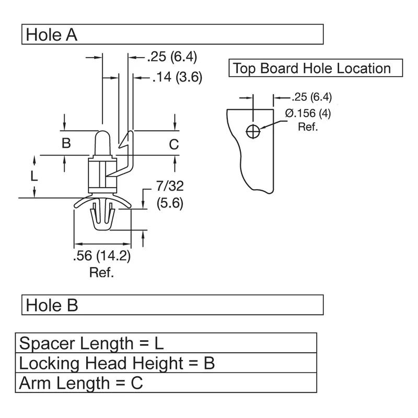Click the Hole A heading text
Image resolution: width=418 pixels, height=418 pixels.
tap(51, 35)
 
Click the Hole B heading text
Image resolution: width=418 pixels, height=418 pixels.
tap(52, 305)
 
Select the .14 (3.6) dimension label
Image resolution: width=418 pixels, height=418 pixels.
tap(177, 77)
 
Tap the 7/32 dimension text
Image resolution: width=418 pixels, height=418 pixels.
tap(170, 186)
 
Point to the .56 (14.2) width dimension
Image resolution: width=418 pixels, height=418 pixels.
tap(102, 256)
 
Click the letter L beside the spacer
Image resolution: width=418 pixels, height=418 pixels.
tap(34, 176)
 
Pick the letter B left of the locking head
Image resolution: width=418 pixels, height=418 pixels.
tap(66, 143)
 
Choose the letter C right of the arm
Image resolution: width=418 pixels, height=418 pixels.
tap(174, 145)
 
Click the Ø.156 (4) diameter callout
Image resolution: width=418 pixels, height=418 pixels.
tap(308, 113)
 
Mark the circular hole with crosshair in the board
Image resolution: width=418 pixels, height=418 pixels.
tap(253, 132)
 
